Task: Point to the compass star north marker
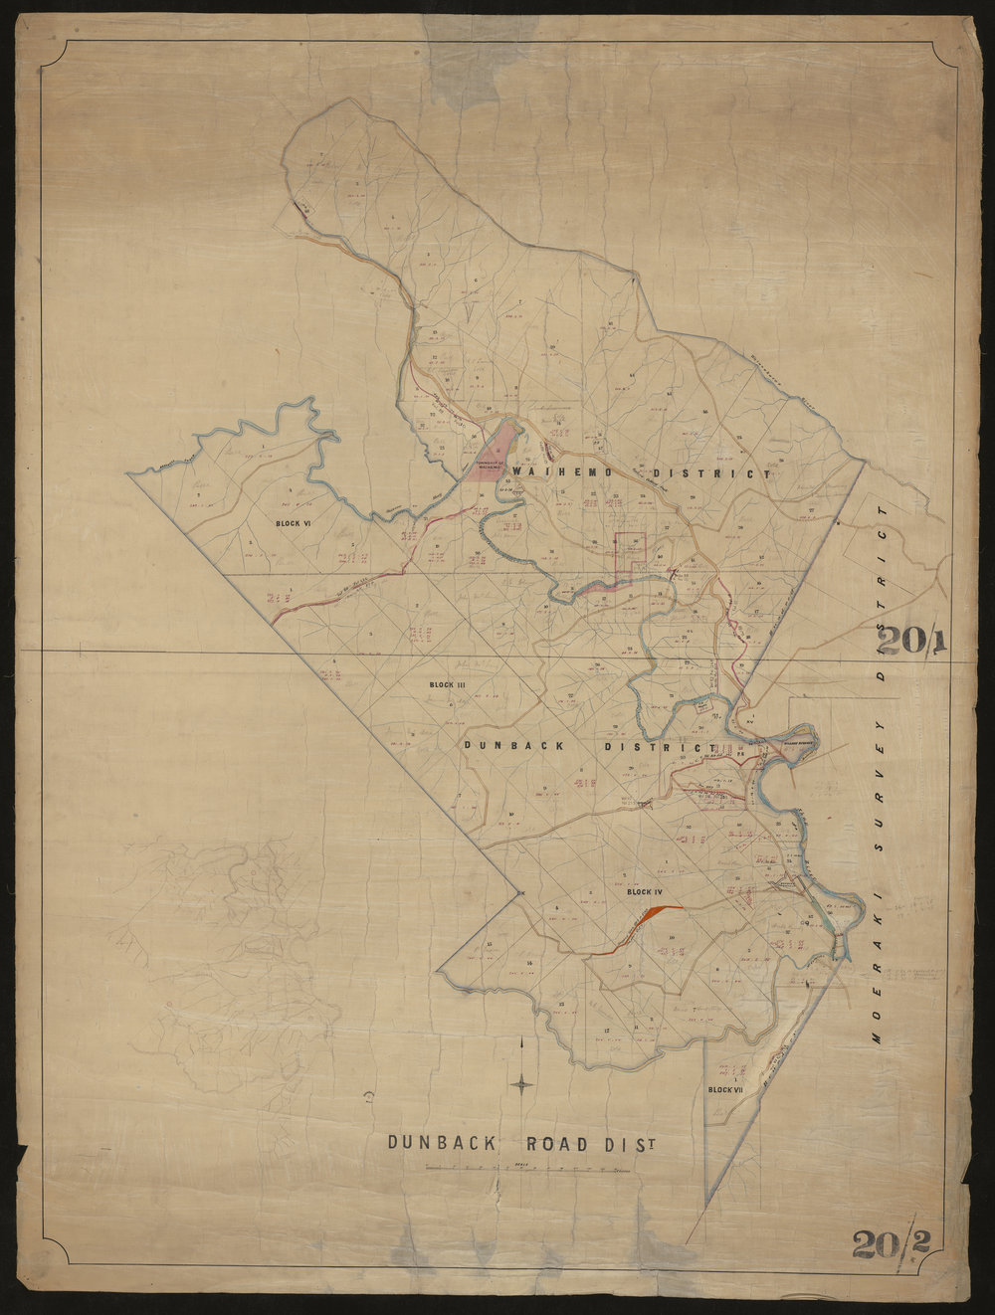coord(522,1083)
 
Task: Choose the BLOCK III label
coord(448,685)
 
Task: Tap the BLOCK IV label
coord(646,892)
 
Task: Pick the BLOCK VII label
coord(725,1091)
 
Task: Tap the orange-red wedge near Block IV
coord(657,912)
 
